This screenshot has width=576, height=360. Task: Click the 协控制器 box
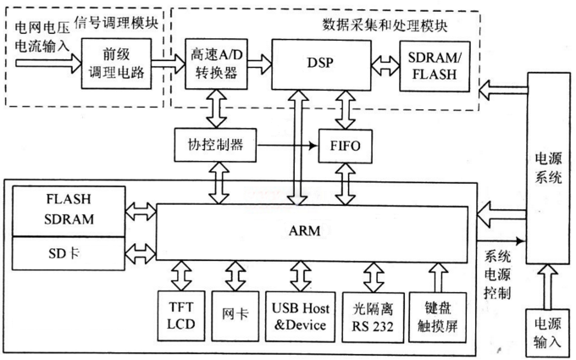215,144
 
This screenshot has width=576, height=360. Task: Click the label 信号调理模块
116,20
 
